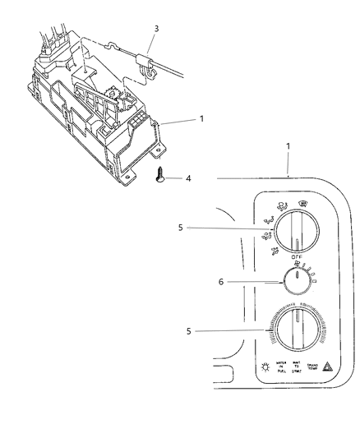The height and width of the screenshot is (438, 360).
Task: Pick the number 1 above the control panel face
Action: pyautogui.click(x=287, y=170)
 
